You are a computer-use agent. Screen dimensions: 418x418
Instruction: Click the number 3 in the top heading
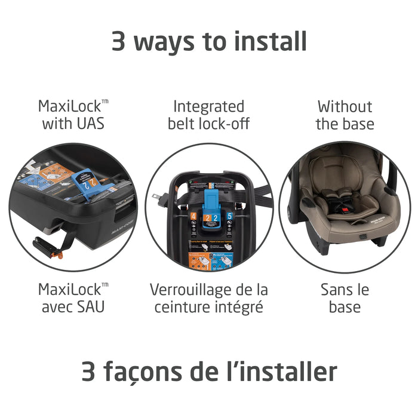click(119, 41)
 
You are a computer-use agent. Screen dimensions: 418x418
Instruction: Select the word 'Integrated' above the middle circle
click(208, 107)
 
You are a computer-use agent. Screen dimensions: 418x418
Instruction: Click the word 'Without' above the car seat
click(345, 107)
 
